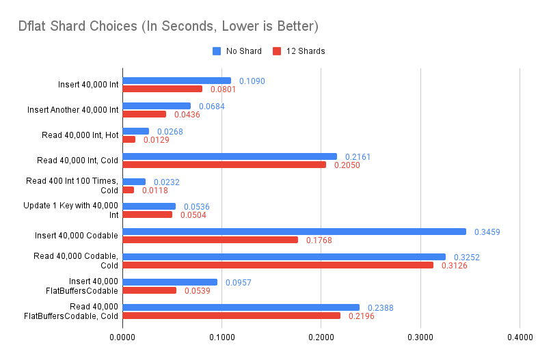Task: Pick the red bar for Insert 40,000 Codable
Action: pos(210,240)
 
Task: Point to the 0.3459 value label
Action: pos(487,232)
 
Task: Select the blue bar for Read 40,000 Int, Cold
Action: pos(230,156)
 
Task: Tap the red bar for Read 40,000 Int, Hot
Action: pos(129,139)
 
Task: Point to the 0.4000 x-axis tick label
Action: pos(520,337)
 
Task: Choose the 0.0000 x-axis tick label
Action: pos(122,337)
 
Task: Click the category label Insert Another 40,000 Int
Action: pos(73,110)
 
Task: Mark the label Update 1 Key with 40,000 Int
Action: pos(76,210)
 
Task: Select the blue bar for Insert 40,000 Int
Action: pos(176,81)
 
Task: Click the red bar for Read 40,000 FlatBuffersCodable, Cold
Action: pos(231,316)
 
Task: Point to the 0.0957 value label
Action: pos(239,282)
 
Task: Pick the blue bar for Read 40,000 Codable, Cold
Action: pos(284,257)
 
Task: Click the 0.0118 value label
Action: pos(155,190)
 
